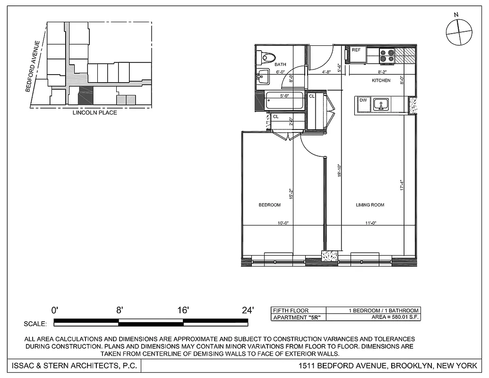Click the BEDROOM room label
pos(269,205)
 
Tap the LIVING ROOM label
pos(369,205)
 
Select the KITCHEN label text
pos(381,81)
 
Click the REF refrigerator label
pos(356,50)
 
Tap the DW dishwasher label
pos(363,100)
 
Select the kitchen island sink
pos(380,104)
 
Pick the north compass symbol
pos(459,32)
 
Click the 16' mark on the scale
pos(183,310)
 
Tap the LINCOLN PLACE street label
pos(94,113)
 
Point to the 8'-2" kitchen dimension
pos(383,72)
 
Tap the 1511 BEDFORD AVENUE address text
pos(388,366)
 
